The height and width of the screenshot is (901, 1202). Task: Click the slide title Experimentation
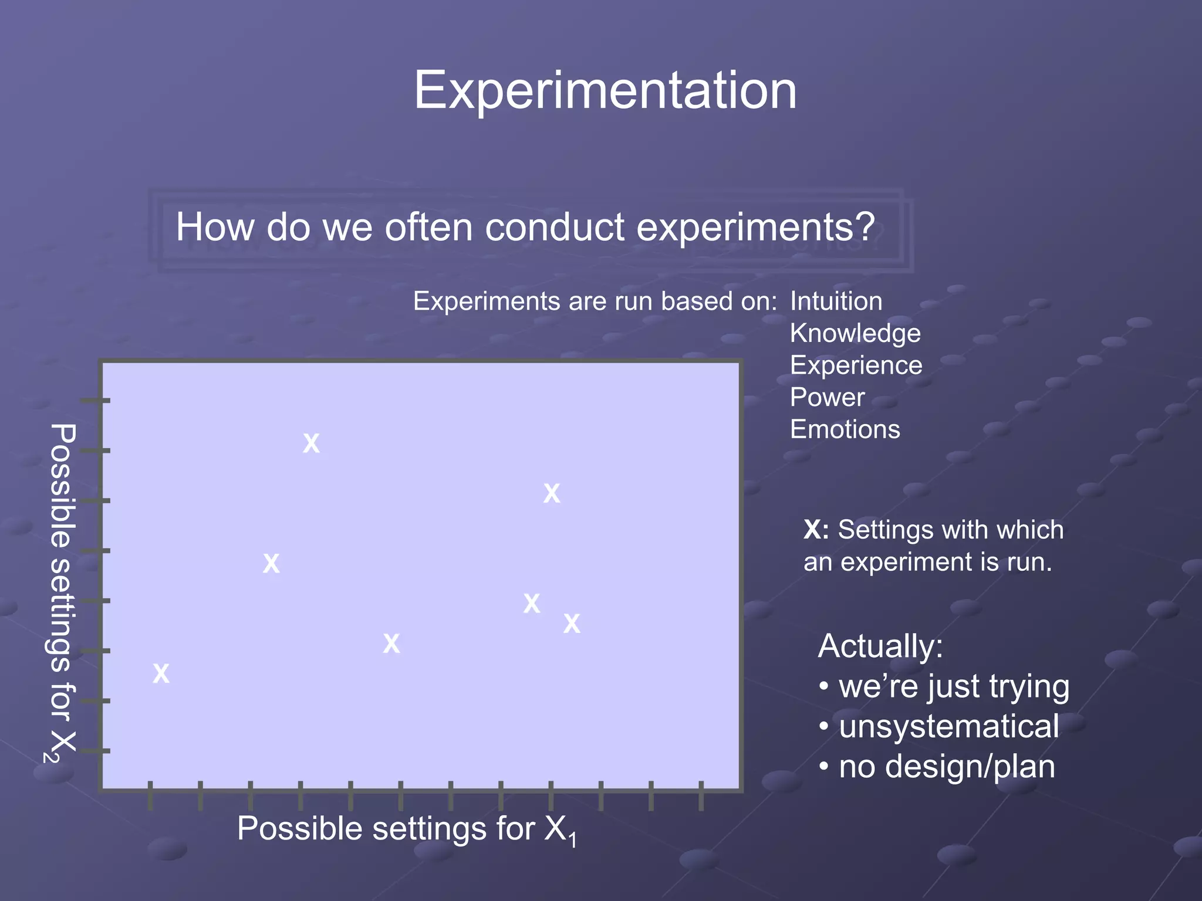click(x=605, y=90)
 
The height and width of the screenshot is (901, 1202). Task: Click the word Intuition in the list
click(x=836, y=302)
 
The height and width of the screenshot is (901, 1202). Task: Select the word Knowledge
click(x=855, y=333)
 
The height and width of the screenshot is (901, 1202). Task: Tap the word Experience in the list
click(x=856, y=365)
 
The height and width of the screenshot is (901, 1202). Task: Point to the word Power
click(x=827, y=398)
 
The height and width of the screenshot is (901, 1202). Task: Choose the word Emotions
click(x=845, y=429)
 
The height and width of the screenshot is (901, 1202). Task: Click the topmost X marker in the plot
click(x=311, y=443)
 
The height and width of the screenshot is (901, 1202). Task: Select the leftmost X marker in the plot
click(x=161, y=673)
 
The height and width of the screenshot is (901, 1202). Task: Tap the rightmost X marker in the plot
click(x=572, y=624)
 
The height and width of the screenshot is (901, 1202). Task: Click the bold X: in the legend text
click(x=816, y=530)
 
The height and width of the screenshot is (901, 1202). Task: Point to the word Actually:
click(x=880, y=646)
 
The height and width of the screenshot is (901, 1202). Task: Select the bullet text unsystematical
click(x=948, y=726)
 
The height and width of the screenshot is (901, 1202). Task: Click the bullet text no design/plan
click(x=946, y=767)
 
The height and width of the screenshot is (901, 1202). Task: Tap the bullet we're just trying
click(x=954, y=686)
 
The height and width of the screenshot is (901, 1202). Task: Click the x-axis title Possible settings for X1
click(x=405, y=829)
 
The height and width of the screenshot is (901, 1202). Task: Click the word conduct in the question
click(x=554, y=227)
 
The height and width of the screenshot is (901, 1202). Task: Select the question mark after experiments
click(x=863, y=226)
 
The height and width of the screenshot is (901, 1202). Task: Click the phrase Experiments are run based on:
click(x=595, y=302)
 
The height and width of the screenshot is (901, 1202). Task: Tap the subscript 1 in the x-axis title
click(x=573, y=841)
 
